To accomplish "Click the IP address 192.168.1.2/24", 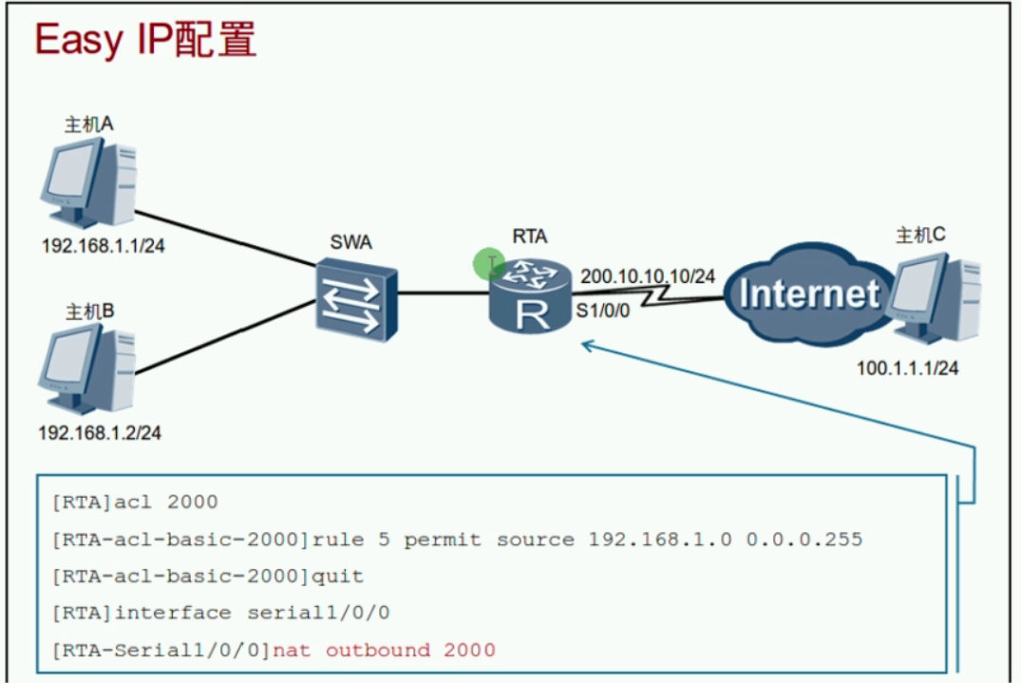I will coord(99,433).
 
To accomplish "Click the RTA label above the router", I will coord(529,237).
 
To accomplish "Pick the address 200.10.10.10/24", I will coord(647,275).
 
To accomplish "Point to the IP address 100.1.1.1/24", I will coord(907,368).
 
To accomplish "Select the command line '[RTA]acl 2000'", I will coord(135,502).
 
